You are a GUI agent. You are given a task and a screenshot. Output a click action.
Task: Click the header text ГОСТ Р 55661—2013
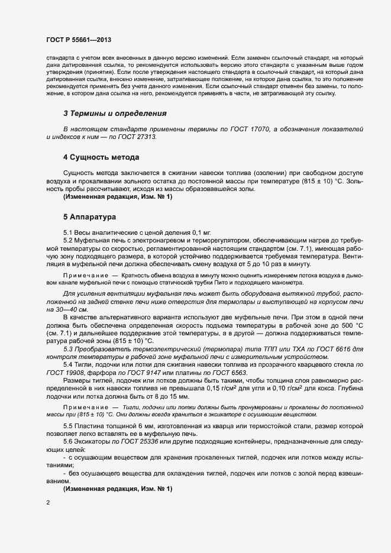(x=79, y=40)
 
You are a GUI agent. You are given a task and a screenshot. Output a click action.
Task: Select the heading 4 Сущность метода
(x=101, y=157)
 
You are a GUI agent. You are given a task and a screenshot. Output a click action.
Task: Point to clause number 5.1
(x=68, y=234)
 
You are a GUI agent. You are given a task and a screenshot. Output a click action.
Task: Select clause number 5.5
(x=68, y=426)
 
